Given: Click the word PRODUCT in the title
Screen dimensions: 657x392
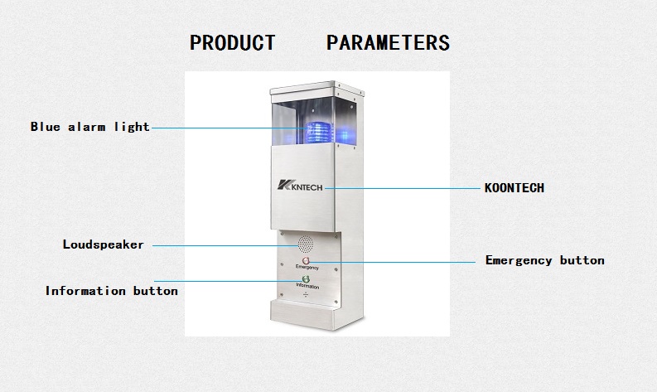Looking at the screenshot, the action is pos(233,43).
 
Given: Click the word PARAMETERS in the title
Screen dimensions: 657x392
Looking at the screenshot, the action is pos(388,43).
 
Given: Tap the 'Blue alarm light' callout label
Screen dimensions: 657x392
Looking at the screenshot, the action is pos(90,127).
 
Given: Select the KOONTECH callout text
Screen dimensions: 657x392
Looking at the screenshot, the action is pos(514,188).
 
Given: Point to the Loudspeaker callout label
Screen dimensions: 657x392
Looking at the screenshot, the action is pos(103,244).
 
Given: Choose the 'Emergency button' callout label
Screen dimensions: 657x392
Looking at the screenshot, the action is pos(544,260).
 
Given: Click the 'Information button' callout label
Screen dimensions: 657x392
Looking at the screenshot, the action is pos(112,291).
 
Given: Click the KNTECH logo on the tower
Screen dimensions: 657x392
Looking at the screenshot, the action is pos(300,186).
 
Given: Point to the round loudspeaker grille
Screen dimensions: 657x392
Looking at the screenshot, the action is pos(306,243).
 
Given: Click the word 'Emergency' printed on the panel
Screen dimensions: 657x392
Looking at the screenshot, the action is pos(307,267).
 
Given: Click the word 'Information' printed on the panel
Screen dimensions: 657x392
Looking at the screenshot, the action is pos(307,286).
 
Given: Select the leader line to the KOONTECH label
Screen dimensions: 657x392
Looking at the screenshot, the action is pos(403,188).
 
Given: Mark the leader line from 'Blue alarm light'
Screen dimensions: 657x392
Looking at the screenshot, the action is pos(229,128).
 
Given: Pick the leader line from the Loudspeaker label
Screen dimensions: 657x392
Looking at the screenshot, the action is pos(225,245).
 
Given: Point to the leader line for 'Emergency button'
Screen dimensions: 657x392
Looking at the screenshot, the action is pos(392,263).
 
